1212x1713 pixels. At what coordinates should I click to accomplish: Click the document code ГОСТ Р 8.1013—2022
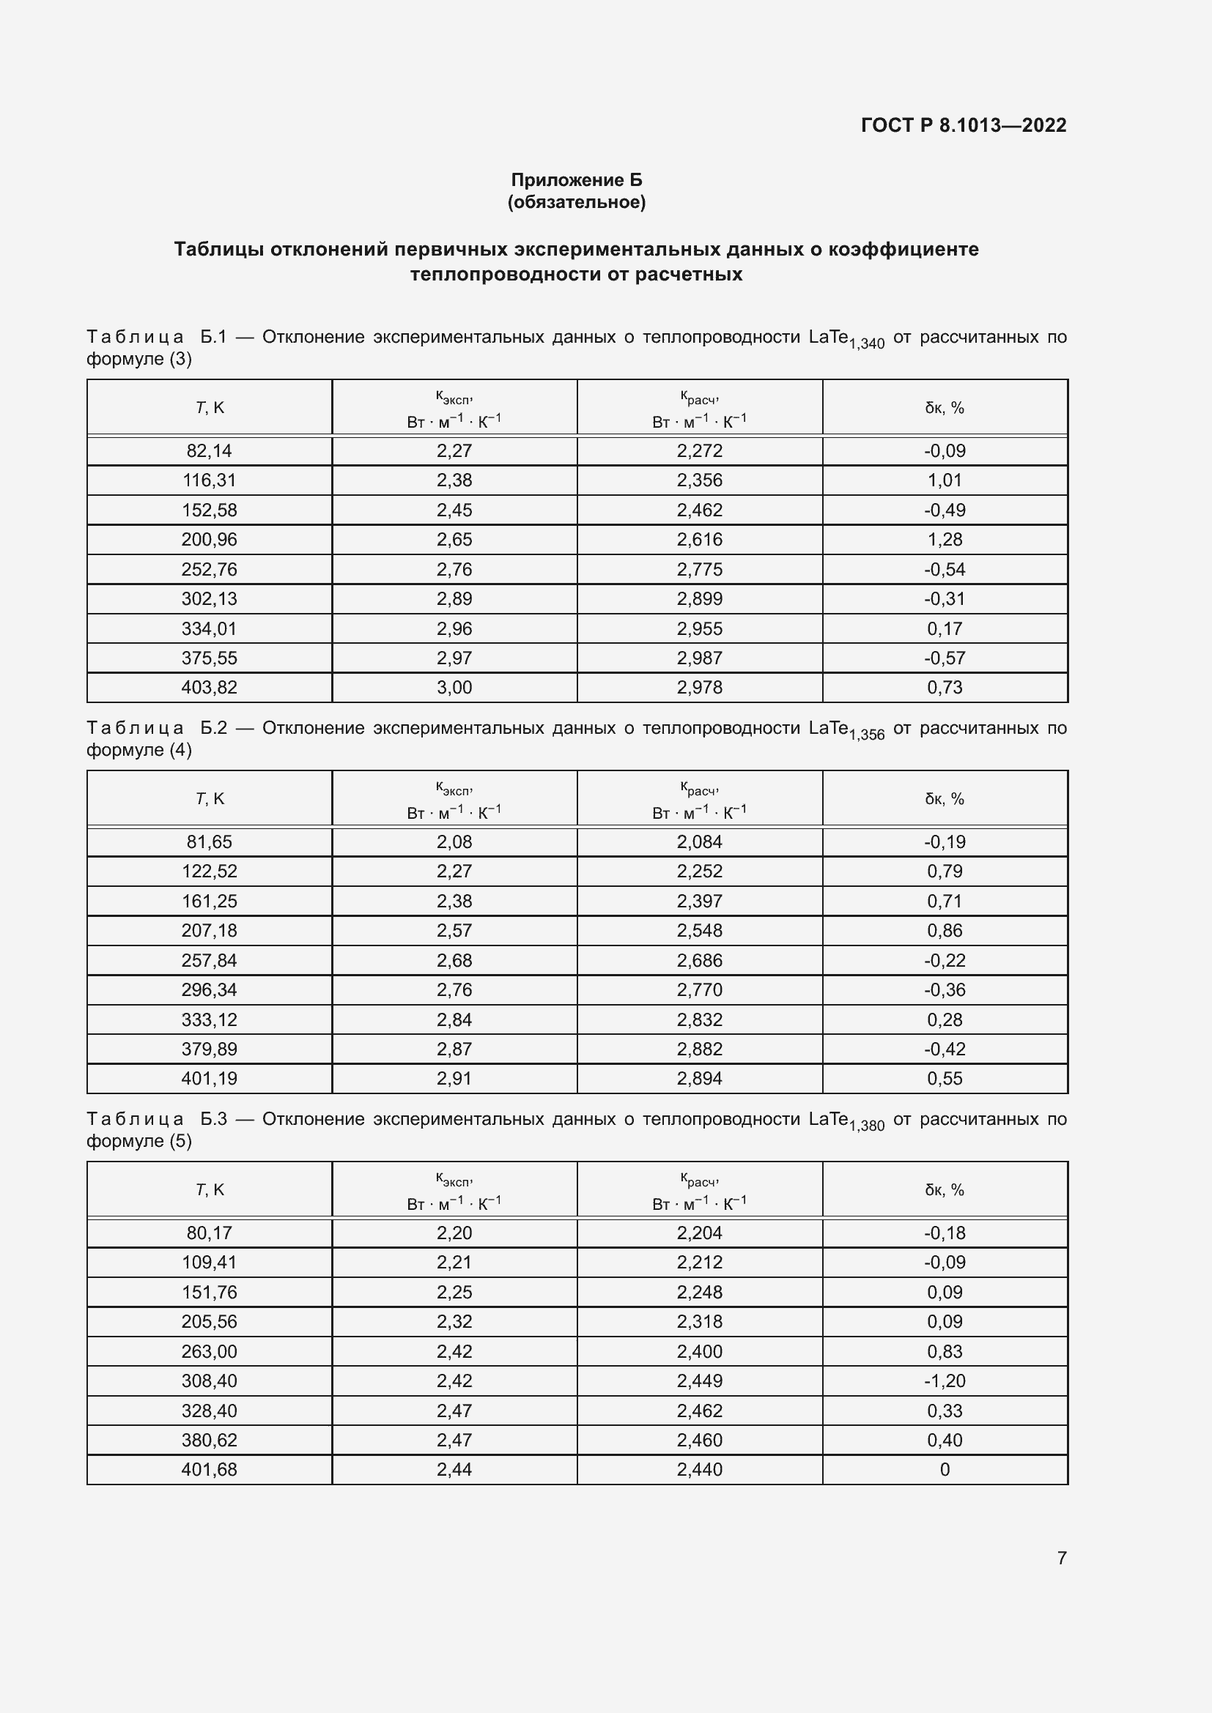[964, 125]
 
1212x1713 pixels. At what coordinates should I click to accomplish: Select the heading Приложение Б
[576, 180]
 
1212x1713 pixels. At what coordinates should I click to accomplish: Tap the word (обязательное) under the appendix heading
[576, 202]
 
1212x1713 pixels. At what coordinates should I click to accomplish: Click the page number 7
[1061, 1558]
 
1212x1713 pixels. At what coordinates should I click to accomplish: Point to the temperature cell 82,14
[209, 450]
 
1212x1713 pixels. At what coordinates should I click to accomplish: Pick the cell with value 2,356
[699, 480]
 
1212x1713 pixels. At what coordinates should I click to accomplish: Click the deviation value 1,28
[944, 540]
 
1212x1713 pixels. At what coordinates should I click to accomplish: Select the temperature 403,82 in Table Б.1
[209, 687]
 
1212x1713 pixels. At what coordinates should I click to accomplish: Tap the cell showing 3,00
[454, 687]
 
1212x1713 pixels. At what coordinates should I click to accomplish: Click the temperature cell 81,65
[209, 841]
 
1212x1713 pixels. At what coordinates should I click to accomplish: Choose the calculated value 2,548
[699, 930]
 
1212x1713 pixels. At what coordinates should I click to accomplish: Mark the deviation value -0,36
[944, 990]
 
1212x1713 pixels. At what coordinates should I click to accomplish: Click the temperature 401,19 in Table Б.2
[209, 1078]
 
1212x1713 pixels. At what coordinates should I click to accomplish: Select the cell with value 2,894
[699, 1078]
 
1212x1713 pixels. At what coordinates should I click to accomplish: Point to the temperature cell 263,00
[209, 1351]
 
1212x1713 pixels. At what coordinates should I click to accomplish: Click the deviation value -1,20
[944, 1381]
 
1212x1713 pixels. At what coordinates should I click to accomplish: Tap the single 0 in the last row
[944, 1470]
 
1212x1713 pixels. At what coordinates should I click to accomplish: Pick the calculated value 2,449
[699, 1381]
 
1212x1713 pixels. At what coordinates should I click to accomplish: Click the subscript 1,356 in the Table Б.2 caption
[866, 735]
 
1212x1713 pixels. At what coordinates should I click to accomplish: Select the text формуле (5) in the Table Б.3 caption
[138, 1141]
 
